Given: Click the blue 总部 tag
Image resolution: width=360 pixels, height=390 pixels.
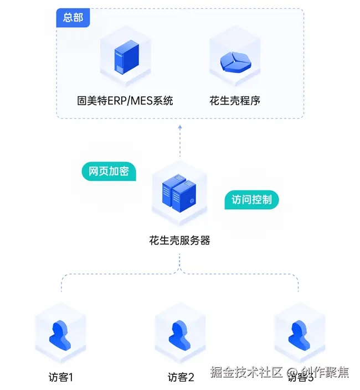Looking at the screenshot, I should point(73,18).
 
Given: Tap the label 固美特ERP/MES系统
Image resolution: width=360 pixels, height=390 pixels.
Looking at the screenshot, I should point(125,101).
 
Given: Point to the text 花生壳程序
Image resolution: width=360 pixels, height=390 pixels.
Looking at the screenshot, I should point(235,101).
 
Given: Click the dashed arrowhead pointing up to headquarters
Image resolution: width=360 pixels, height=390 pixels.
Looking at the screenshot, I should point(180,128).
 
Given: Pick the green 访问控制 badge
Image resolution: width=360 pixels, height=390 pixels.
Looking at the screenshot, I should point(251,200).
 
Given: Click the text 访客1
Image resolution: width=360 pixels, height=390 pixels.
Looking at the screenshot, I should point(60,378).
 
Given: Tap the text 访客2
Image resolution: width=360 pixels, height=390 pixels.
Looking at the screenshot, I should point(181,378).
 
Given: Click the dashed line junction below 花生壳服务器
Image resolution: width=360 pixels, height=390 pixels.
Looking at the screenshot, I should point(180,273).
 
